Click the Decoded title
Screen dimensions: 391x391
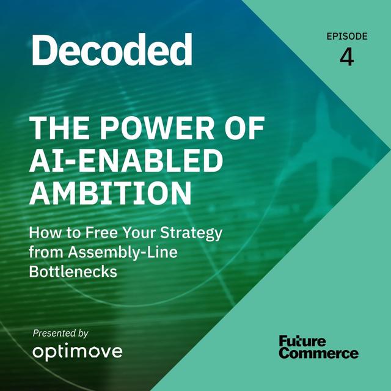coord(112,49)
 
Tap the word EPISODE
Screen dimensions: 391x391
coord(347,37)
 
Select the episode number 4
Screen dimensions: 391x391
coord(347,57)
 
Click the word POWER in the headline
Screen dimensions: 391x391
coord(157,128)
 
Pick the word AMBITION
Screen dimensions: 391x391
coord(111,193)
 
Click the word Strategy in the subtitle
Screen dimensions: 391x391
coord(191,233)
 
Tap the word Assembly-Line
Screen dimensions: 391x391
coord(123,252)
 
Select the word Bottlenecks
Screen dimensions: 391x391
coord(73,271)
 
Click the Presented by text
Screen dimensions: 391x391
coord(60,334)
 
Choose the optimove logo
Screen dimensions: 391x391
coord(78,352)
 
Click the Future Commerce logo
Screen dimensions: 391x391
coord(319,347)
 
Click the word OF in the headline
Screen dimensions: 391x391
coord(244,128)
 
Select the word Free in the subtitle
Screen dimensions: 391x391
coord(101,232)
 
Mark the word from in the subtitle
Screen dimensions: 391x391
coord(46,252)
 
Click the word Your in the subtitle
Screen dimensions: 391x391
coord(139,232)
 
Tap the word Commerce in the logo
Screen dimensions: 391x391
coord(319,353)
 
